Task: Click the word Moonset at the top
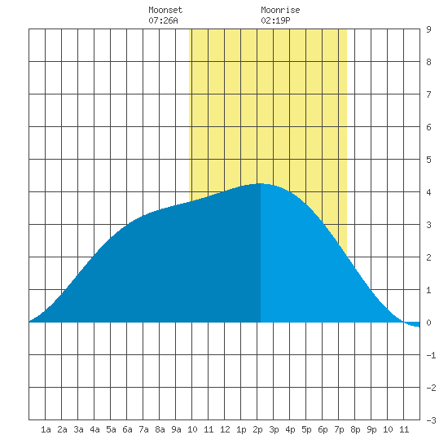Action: tap(165, 10)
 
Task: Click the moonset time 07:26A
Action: tap(163, 20)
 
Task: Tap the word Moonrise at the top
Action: tap(280, 10)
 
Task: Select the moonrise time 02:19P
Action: tap(275, 20)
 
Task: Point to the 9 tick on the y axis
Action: tap(428, 29)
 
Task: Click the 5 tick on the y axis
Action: tap(428, 160)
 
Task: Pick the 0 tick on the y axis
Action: tap(428, 323)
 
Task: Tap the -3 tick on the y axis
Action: tap(431, 420)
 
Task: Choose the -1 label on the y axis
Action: tap(431, 355)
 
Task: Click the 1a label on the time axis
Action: tap(46, 429)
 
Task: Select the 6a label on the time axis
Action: tap(127, 429)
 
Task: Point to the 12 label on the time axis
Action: tap(225, 429)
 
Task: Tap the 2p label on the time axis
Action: tap(257, 429)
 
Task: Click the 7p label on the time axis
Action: tap(339, 429)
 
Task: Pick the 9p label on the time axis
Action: tap(371, 429)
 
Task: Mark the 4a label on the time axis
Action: tap(94, 429)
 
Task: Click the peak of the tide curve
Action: tap(260, 184)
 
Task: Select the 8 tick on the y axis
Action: tap(428, 62)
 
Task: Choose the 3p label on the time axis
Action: tap(274, 429)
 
